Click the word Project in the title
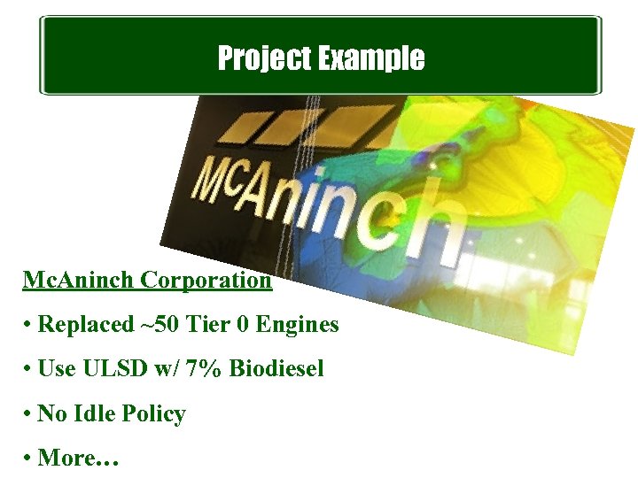coord(261,59)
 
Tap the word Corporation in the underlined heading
coord(206,281)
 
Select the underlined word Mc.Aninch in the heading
coord(79,281)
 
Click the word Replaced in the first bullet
coord(85,325)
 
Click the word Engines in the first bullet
coord(297,325)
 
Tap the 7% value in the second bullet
coord(206,369)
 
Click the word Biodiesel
coord(276,369)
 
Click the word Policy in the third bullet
coord(155,414)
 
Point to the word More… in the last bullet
coord(78,459)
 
